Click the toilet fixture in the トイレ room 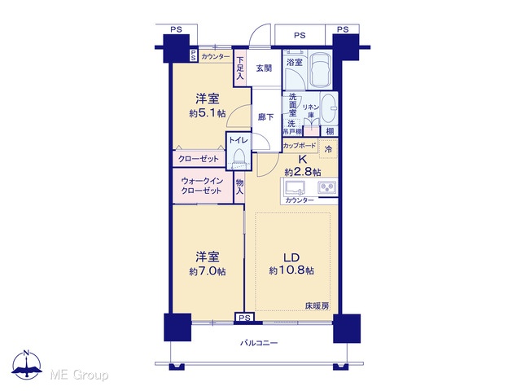[239, 158]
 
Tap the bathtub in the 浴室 [320, 70]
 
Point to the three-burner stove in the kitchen [327, 188]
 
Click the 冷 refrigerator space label [328, 149]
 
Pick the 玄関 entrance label [264, 68]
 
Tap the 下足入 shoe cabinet [240, 68]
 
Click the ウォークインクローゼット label [201, 186]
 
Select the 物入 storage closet [239, 187]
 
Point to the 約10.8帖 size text [291, 271]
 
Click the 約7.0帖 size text [208, 271]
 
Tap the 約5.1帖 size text [208, 114]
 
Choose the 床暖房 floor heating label [317, 306]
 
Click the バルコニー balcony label [259, 343]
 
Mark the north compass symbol [27, 364]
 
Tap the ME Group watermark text [79, 376]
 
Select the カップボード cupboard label [300, 146]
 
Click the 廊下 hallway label [266, 117]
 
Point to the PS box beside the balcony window [244, 318]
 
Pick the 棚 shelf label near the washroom [330, 131]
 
